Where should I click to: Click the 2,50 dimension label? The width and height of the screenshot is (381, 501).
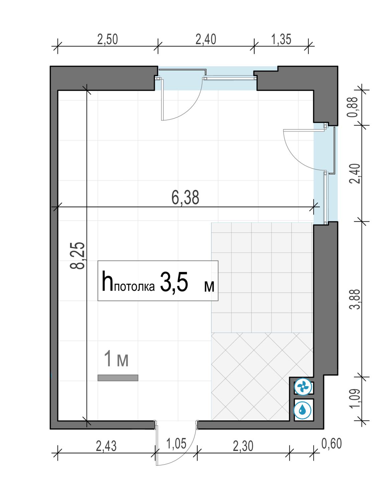tap(108, 39)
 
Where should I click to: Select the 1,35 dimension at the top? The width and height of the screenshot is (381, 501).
tap(281, 39)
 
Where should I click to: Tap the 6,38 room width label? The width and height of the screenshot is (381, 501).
tap(185, 197)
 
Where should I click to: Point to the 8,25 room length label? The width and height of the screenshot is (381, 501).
tap(78, 256)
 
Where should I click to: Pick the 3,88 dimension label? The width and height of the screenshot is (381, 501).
tap(356, 300)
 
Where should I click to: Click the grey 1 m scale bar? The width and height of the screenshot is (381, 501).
tap(118, 378)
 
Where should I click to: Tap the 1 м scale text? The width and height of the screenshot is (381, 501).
tap(116, 359)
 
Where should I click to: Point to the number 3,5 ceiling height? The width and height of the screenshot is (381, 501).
tap(174, 282)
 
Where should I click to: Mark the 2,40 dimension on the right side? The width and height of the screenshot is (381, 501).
tap(356, 173)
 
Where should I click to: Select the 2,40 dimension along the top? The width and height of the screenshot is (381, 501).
tap(206, 39)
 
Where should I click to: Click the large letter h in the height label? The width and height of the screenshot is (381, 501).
tap(107, 281)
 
